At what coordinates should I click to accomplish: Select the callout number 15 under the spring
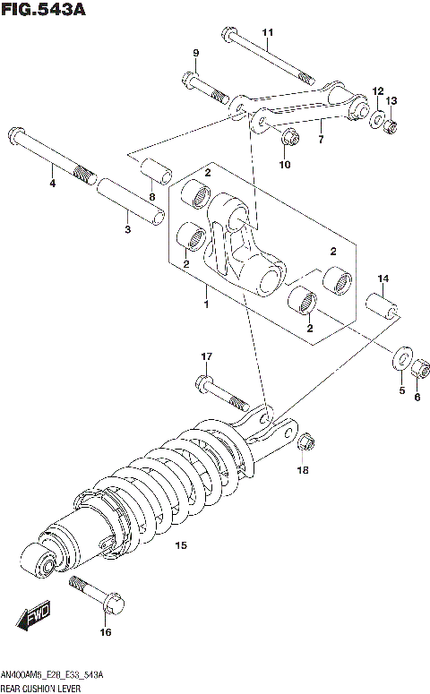(x=180, y=545)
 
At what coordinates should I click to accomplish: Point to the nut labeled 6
(x=417, y=368)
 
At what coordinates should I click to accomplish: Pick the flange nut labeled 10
(x=288, y=137)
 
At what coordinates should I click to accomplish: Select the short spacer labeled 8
(x=153, y=173)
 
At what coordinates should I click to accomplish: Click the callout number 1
(x=205, y=305)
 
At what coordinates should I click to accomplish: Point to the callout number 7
(x=320, y=141)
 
